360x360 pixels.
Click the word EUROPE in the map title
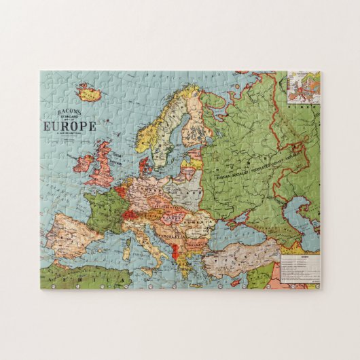coord(69,126)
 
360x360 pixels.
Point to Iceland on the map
coord(87,90)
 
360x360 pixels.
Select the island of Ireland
coord(84,162)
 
